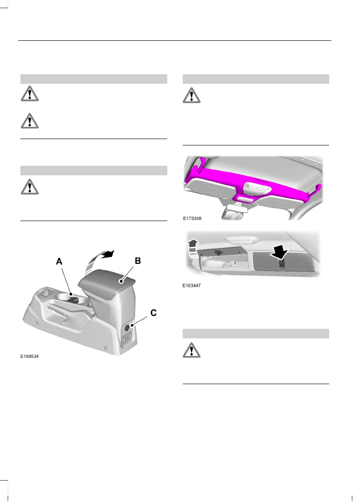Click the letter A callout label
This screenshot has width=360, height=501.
coord(59,261)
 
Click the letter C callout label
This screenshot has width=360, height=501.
coord(153,313)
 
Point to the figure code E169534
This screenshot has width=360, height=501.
coord(29,357)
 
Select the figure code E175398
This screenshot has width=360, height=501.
coord(192,218)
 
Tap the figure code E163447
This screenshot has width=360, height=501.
coord(192,286)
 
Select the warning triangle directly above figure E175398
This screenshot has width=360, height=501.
coord(191,95)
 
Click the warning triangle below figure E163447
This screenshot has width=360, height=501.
coord(191,350)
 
